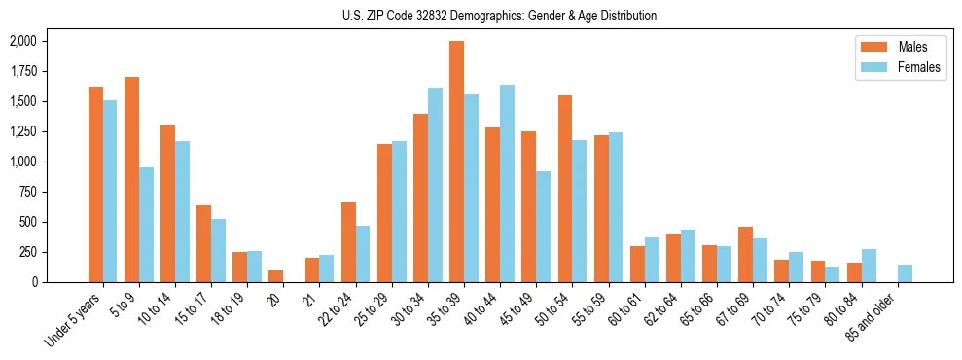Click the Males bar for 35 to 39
pyautogui.click(x=456, y=162)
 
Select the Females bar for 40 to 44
pyautogui.click(x=507, y=183)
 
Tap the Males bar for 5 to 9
pyautogui.click(x=132, y=179)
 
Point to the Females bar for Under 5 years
pyautogui.click(x=111, y=191)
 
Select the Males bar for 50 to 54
pyautogui.click(x=565, y=189)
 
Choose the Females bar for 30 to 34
pyautogui.click(x=435, y=185)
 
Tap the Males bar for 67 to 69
pyautogui.click(x=745, y=254)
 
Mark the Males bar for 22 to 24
pyautogui.click(x=348, y=242)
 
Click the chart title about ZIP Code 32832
pyautogui.click(x=499, y=16)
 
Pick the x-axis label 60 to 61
pyautogui.click(x=628, y=306)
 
